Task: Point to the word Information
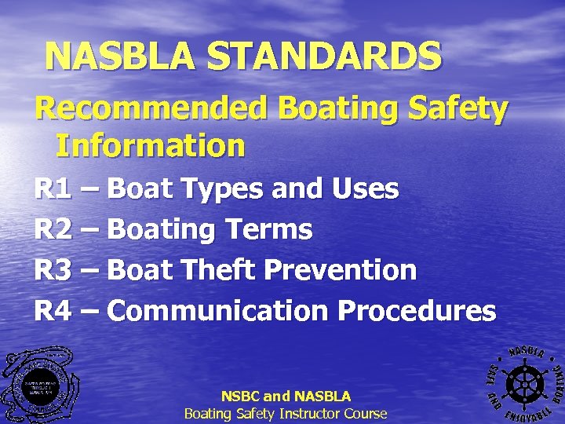(150, 145)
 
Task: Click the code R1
(53, 189)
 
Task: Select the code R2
(53, 230)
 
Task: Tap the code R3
(53, 271)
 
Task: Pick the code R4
(53, 312)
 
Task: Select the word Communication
(217, 312)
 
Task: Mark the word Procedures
(417, 312)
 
